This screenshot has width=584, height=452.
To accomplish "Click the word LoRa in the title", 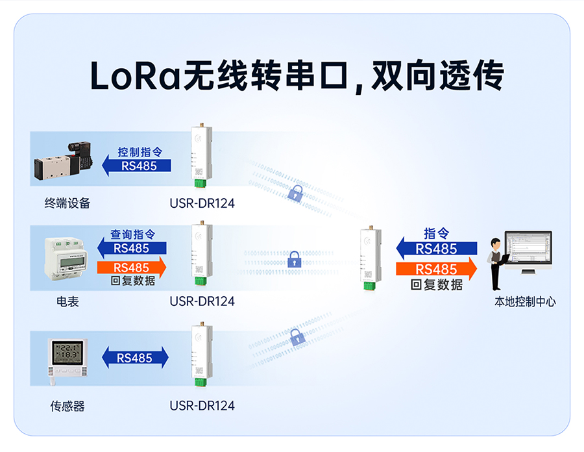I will (x=135, y=77).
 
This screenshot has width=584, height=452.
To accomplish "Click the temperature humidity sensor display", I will (x=67, y=357).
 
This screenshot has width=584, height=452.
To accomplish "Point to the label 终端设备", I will (x=67, y=203).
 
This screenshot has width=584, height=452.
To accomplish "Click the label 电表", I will (x=67, y=301).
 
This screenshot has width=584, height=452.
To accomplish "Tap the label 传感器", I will (x=67, y=407).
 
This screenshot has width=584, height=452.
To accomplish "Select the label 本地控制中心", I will (x=525, y=301).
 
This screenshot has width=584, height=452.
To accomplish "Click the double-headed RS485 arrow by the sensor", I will (x=135, y=357).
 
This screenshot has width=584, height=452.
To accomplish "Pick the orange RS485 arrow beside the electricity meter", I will (x=132, y=268).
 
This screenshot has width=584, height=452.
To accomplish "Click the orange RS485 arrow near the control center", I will (x=437, y=269).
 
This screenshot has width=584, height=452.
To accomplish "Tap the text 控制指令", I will (x=140, y=152).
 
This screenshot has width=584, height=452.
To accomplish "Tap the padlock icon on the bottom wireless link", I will (x=297, y=336).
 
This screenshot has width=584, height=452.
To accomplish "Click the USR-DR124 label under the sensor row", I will (x=202, y=407).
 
